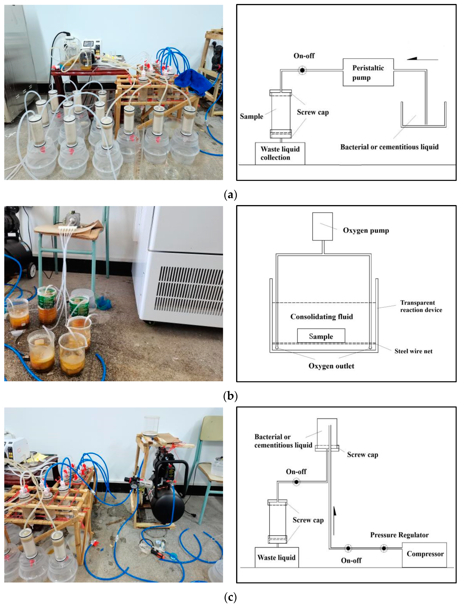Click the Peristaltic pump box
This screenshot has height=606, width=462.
tap(368, 72)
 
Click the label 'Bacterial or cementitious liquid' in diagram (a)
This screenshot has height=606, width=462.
tap(389, 147)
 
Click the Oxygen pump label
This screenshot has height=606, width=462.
tap(366, 231)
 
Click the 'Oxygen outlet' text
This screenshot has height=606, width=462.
tap(331, 366)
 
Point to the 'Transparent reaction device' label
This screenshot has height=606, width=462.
tap(421, 306)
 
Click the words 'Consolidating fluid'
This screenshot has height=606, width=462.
tap(322, 317)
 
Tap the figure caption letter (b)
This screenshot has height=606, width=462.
tap(230, 396)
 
